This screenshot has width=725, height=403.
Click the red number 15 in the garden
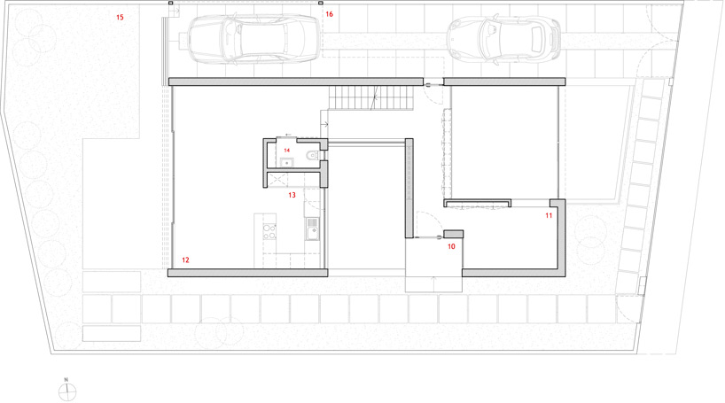point(121,18)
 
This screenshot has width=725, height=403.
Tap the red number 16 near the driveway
point(329,14)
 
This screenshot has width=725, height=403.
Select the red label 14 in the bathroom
point(287,151)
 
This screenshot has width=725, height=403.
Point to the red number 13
point(292,195)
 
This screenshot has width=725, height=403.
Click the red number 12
point(185,260)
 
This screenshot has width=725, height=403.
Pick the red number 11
point(549,215)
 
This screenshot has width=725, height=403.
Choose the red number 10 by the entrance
point(451,246)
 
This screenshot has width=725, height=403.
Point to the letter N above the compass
point(66,380)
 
